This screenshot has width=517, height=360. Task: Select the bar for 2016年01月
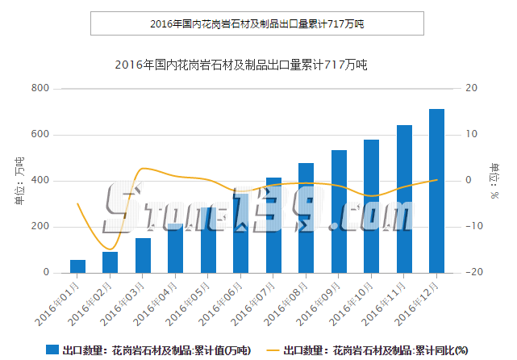coord(77,266)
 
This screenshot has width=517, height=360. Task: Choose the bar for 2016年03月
coord(143,255)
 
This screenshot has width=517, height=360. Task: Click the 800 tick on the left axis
coord(40,88)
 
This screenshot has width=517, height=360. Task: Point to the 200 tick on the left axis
coord(40,227)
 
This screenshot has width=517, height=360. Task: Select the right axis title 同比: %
coord(494,179)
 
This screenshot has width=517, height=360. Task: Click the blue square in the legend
coord(52,350)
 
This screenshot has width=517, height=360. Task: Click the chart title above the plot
coord(241,64)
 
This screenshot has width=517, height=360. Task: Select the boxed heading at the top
coord(257,23)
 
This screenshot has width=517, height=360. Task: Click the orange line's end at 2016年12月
coord(436,180)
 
